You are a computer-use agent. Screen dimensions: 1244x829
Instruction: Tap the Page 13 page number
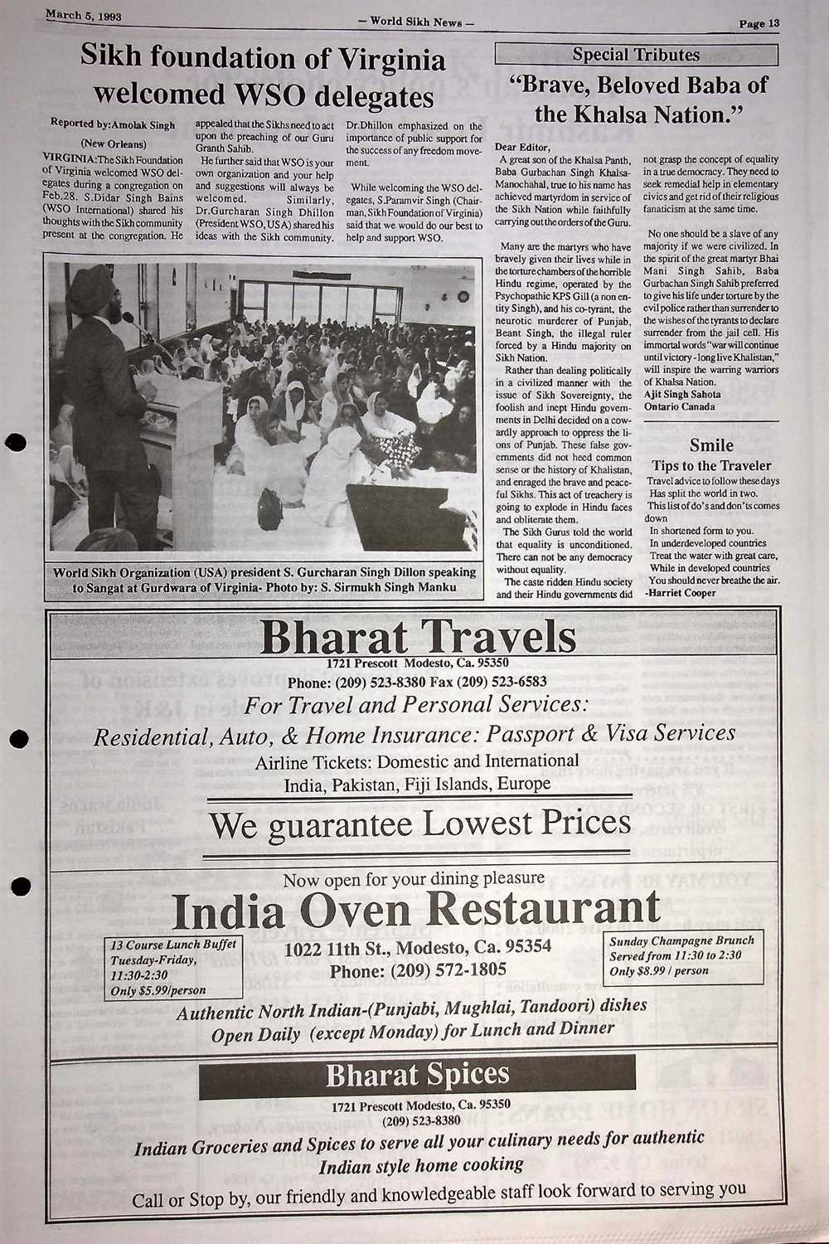pos(759,23)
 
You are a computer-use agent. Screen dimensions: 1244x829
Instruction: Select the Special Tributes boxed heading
pos(636,56)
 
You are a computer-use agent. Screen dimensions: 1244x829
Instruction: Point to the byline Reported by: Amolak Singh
pos(113,124)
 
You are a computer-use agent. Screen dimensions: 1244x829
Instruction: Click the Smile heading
pos(711,445)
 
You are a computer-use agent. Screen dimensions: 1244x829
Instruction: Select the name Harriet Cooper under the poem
pos(684,593)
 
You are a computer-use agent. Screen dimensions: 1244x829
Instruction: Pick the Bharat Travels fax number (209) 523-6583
pos(489,682)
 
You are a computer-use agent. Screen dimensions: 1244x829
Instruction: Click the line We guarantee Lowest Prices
pos(419,824)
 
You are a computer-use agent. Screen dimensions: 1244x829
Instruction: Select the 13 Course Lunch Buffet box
pos(174,967)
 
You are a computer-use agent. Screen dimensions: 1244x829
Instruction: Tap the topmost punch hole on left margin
pos(17,441)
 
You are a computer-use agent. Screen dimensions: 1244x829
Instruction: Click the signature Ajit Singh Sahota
pos(682,395)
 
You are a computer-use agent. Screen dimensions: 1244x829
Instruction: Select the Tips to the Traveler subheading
pos(711,466)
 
